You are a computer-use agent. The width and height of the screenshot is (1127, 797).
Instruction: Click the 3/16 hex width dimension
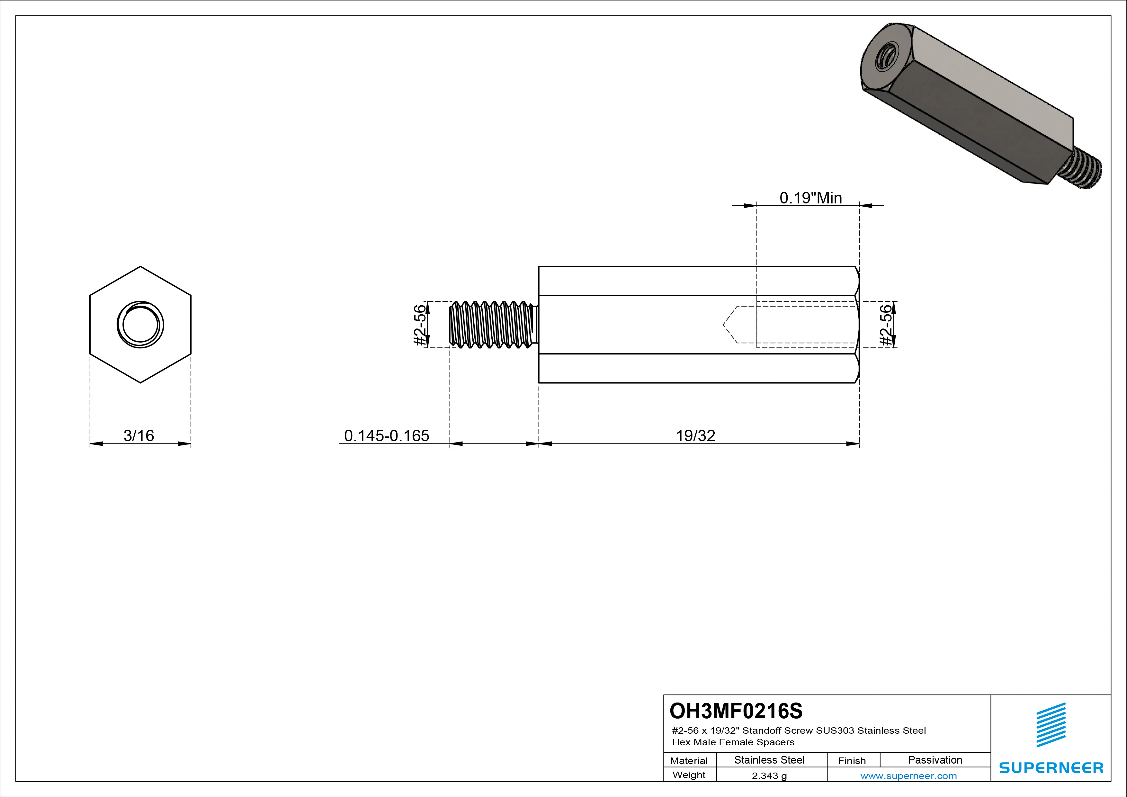coord(139,435)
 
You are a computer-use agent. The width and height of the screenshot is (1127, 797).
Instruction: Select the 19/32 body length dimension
coord(695,435)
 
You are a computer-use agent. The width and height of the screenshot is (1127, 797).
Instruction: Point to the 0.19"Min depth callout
coord(810,198)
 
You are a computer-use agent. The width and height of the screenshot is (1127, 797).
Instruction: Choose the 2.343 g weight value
coord(769,776)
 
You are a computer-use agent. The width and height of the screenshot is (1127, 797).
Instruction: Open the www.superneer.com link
coord(908,776)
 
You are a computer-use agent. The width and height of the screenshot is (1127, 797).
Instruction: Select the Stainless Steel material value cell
coord(769,760)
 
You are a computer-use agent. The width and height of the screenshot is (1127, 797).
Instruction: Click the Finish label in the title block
coord(852,760)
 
